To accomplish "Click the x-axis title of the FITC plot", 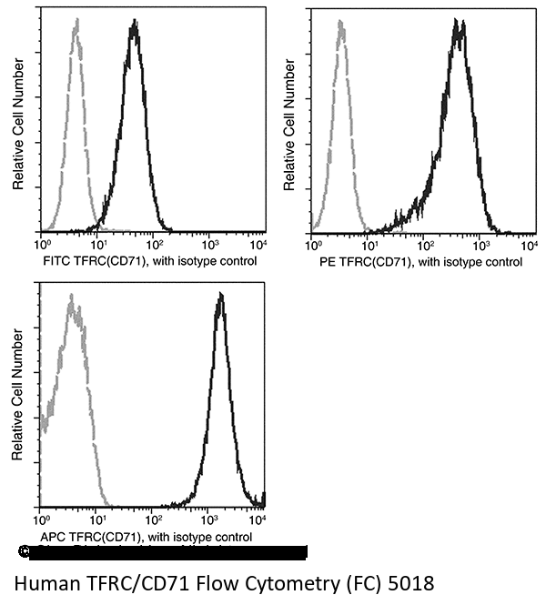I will (149, 261).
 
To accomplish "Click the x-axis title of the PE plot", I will (417, 262).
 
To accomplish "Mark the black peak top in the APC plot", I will (219, 297).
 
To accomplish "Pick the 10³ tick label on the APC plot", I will (209, 520).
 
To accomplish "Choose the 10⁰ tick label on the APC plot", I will (41, 520).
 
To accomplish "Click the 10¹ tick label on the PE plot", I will (369, 246).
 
